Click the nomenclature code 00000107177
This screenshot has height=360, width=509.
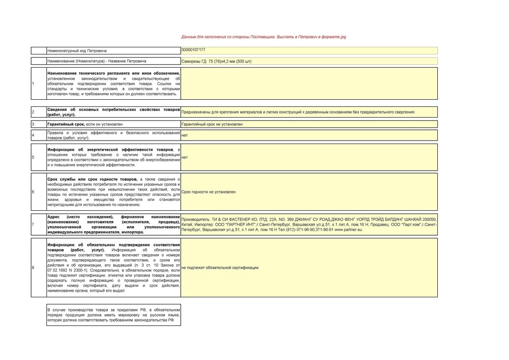click(193, 50)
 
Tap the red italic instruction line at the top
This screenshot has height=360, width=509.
click(264, 37)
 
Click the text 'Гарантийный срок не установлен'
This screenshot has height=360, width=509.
click(212, 124)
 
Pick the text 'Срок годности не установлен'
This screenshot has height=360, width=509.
click(209, 192)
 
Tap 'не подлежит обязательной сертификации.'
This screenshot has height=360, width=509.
click(220, 267)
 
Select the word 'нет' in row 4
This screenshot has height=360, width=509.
click(184, 135)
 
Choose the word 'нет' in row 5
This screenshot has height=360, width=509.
click(184, 157)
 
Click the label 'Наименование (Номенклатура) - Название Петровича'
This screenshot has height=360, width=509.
click(97, 61)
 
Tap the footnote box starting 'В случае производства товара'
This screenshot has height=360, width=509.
click(114, 315)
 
